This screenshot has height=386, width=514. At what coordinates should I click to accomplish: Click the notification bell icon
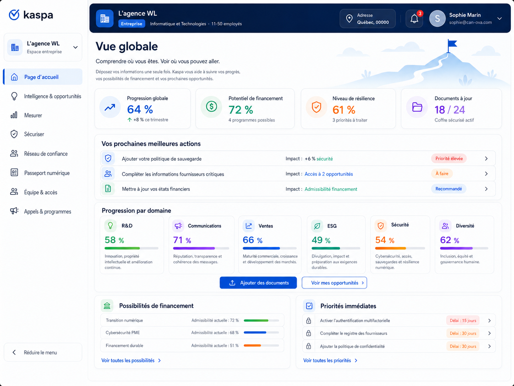click(x=414, y=18)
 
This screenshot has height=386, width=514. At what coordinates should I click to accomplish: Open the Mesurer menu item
click(x=33, y=115)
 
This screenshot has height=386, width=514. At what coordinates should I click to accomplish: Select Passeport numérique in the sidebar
click(x=47, y=173)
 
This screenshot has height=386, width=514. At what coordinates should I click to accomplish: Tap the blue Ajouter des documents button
click(x=258, y=283)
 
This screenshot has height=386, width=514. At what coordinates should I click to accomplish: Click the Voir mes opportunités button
click(x=334, y=283)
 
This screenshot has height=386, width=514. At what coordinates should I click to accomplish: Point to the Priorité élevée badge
click(x=449, y=159)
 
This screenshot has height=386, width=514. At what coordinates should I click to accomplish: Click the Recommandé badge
click(x=448, y=189)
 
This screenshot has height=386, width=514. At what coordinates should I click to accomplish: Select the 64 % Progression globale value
click(x=140, y=109)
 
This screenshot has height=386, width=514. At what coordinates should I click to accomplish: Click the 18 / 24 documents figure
click(x=450, y=110)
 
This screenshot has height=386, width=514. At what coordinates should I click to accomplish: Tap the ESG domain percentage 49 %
click(x=321, y=240)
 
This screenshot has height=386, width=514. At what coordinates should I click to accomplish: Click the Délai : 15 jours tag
click(x=463, y=321)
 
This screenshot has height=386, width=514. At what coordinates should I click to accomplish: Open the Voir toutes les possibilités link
click(x=131, y=360)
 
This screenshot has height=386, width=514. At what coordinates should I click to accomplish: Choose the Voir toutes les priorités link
click(x=330, y=360)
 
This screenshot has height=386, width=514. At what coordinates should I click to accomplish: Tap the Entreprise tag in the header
click(x=132, y=24)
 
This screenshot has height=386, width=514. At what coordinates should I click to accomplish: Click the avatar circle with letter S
click(x=437, y=18)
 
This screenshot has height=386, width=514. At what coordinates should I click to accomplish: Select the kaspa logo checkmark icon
click(x=14, y=15)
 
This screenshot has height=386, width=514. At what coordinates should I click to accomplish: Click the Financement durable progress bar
click(x=261, y=345)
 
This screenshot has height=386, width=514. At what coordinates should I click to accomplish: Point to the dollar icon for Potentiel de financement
click(x=211, y=107)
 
